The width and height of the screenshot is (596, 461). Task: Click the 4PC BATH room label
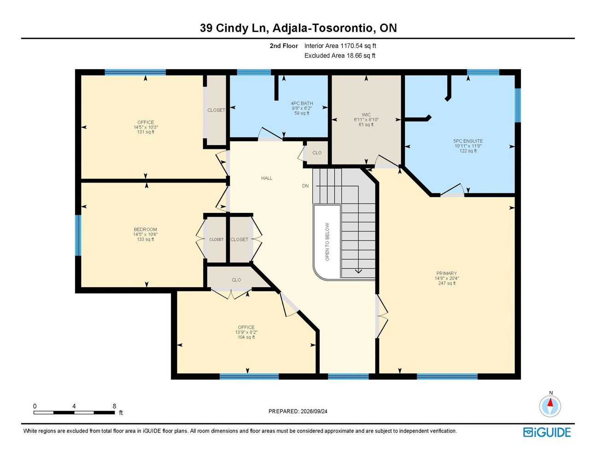[302, 103]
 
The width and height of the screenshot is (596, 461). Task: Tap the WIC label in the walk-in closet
[366, 115]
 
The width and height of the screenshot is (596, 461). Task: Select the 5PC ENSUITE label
[468, 141]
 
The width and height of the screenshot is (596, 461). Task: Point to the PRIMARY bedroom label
[447, 273]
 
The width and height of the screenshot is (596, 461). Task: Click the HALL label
[267, 178]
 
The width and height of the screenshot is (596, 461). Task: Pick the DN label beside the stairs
[305, 186]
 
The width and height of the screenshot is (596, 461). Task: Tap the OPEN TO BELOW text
[327, 242]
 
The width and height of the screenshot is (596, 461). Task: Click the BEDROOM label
[146, 230]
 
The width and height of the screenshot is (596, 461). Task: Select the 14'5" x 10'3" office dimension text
[146, 127]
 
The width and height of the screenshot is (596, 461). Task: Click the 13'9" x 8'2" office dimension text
[246, 332]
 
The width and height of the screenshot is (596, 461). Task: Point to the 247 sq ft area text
[447, 283]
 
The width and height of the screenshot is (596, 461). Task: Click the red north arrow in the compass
[550, 402]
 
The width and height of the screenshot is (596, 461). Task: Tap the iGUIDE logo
[547, 432]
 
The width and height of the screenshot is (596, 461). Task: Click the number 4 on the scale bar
[74, 406]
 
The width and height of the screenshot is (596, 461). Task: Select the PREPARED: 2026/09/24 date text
[298, 411]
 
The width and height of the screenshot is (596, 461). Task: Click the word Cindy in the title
[232, 29]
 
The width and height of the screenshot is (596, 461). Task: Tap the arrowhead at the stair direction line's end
[358, 272]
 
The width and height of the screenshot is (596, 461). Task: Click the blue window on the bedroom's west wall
[78, 235]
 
